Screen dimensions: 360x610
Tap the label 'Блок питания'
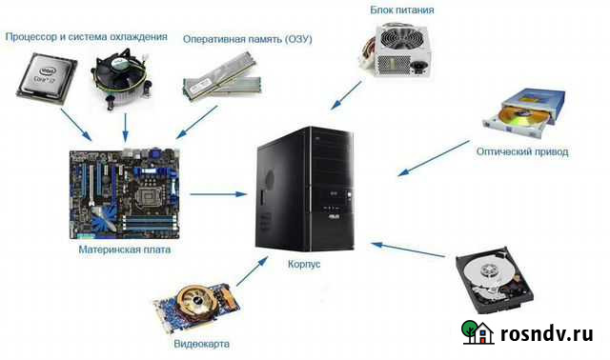(402, 10)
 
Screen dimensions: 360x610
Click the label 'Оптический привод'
(522, 151)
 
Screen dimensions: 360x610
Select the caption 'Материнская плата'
(126, 251)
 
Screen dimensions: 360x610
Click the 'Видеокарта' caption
(201, 343)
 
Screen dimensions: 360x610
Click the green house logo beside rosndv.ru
(478, 331)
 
